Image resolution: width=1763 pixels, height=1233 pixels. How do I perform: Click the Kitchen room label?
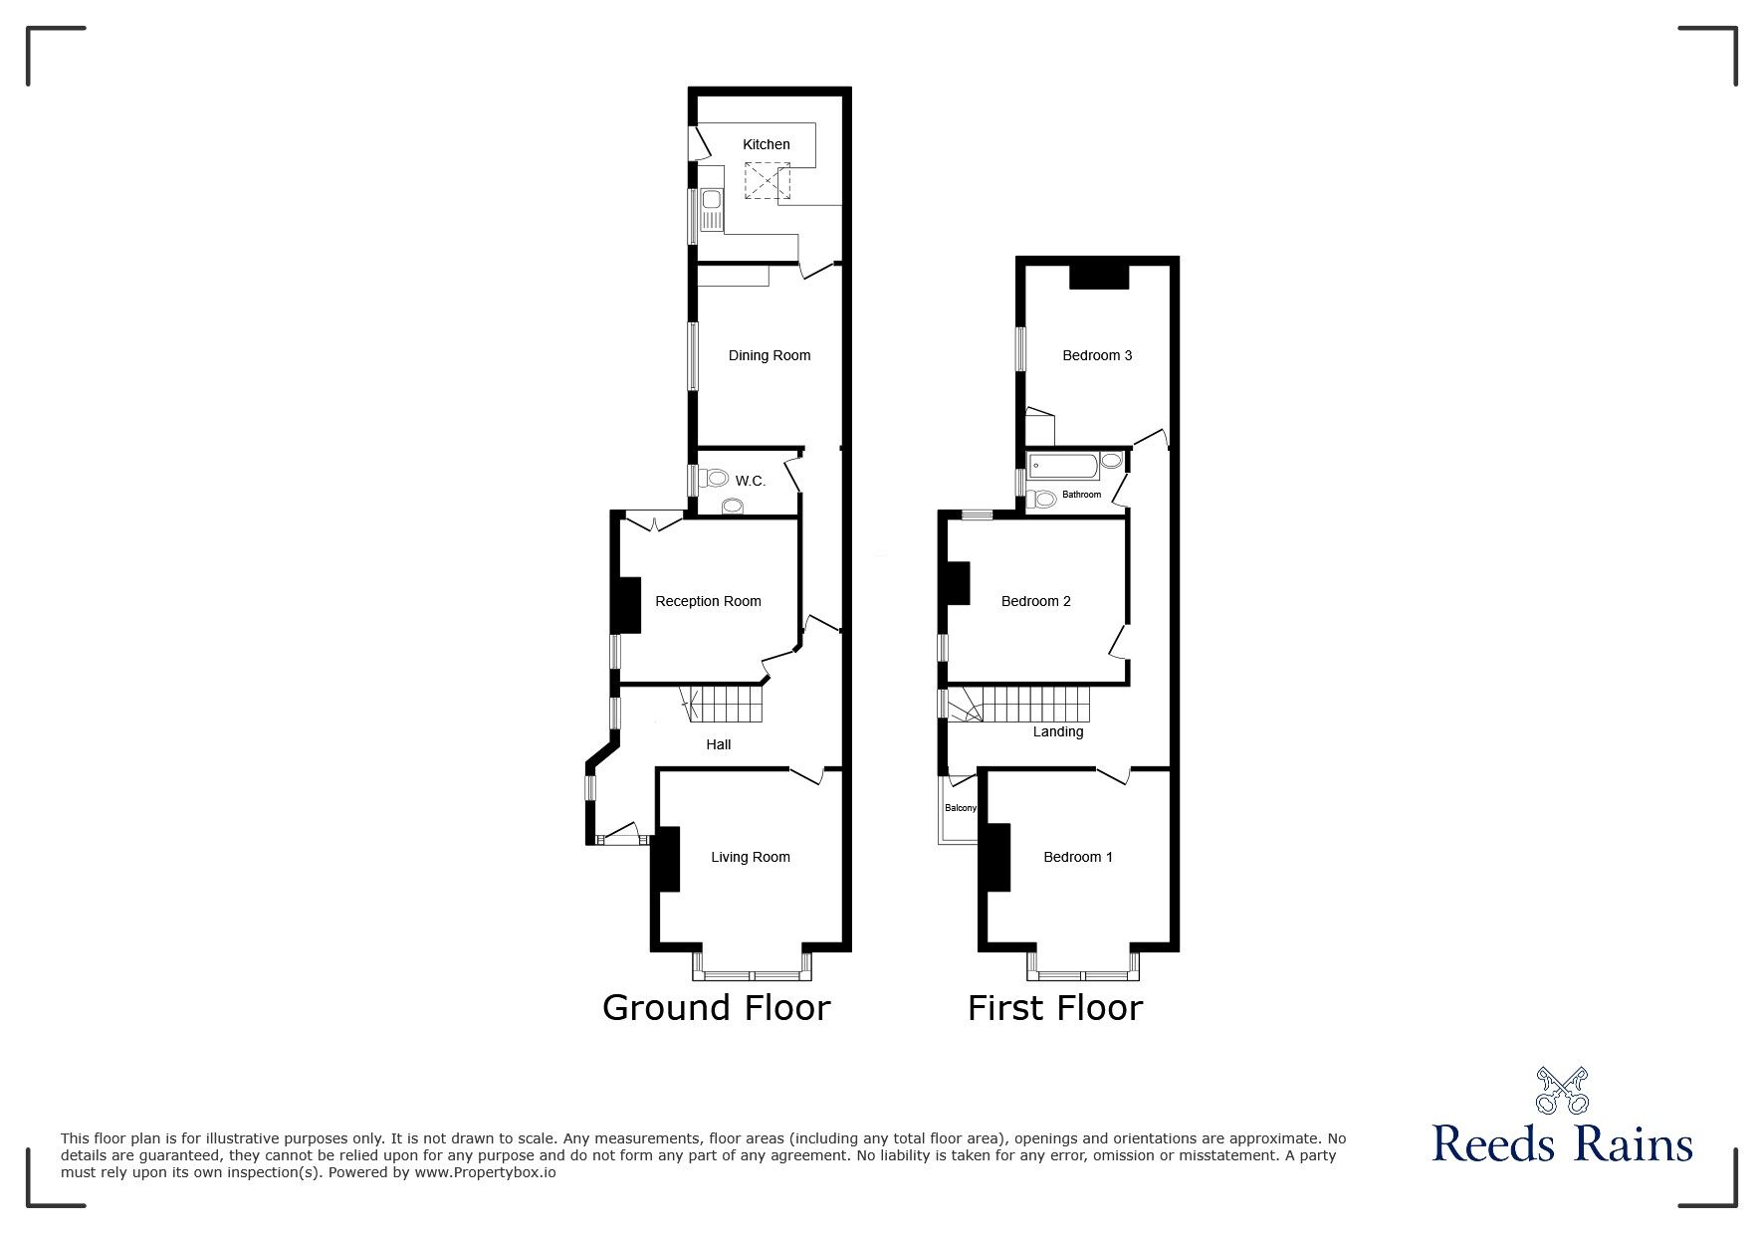click(x=766, y=145)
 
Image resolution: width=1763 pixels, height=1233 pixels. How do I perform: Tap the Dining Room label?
click(x=769, y=355)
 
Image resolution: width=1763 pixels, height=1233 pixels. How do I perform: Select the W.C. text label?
click(x=750, y=482)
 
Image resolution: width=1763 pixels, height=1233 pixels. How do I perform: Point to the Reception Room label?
click(x=708, y=601)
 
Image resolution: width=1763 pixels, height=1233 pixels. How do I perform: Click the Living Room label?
click(x=750, y=857)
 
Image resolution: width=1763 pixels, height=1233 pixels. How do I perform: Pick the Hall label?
click(x=718, y=744)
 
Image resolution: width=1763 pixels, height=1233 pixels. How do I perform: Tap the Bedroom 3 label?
click(x=1096, y=355)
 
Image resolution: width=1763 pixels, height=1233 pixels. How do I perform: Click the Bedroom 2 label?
click(x=1035, y=601)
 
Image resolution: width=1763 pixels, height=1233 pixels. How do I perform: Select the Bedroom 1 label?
click(x=1077, y=857)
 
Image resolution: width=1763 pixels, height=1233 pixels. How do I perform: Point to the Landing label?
click(x=1057, y=731)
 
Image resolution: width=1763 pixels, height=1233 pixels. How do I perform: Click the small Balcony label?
click(x=960, y=808)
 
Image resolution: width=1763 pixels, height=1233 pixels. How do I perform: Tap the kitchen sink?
click(x=711, y=210)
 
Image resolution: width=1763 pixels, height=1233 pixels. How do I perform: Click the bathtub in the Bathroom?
click(x=1063, y=464)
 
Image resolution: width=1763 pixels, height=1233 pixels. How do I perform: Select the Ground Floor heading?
click(x=716, y=1008)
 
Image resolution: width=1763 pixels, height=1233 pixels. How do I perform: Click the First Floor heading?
click(x=1054, y=1008)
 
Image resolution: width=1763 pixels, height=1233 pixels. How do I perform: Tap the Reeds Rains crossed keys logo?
click(x=1561, y=1091)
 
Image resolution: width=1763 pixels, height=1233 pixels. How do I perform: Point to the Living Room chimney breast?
click(x=666, y=859)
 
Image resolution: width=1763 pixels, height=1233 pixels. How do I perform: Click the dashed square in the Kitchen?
click(x=767, y=182)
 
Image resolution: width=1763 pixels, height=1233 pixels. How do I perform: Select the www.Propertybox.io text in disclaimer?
click(x=486, y=1172)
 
